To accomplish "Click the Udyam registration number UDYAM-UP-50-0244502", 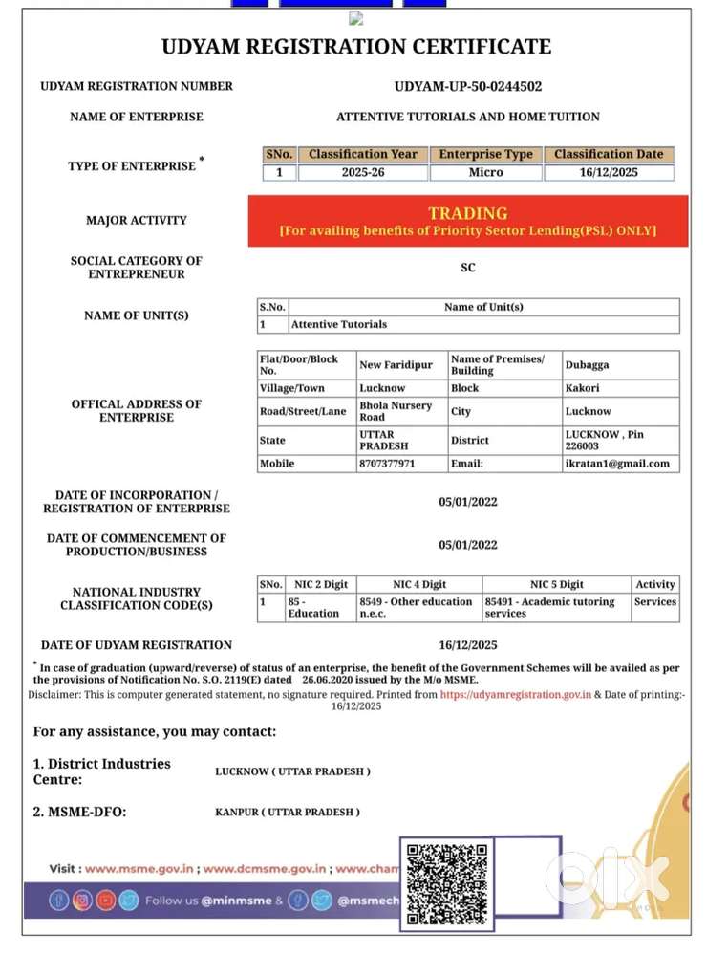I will click(x=468, y=86).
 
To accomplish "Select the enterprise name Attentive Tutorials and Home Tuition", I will click(x=468, y=117).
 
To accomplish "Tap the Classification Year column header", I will click(x=363, y=154).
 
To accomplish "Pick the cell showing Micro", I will click(x=485, y=173).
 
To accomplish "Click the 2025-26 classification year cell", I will click(x=363, y=173).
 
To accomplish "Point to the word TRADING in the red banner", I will click(x=468, y=213).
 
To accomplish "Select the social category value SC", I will click(x=468, y=268).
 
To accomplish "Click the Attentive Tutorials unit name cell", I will click(x=339, y=324).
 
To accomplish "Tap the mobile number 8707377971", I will click(x=387, y=464).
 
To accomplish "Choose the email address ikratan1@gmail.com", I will click(x=617, y=464).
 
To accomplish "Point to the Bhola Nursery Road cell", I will click(x=396, y=411).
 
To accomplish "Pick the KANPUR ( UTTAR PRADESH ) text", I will click(x=288, y=812).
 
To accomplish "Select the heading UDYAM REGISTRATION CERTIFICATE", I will click(x=356, y=46).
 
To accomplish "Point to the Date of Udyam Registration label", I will click(x=137, y=645).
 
